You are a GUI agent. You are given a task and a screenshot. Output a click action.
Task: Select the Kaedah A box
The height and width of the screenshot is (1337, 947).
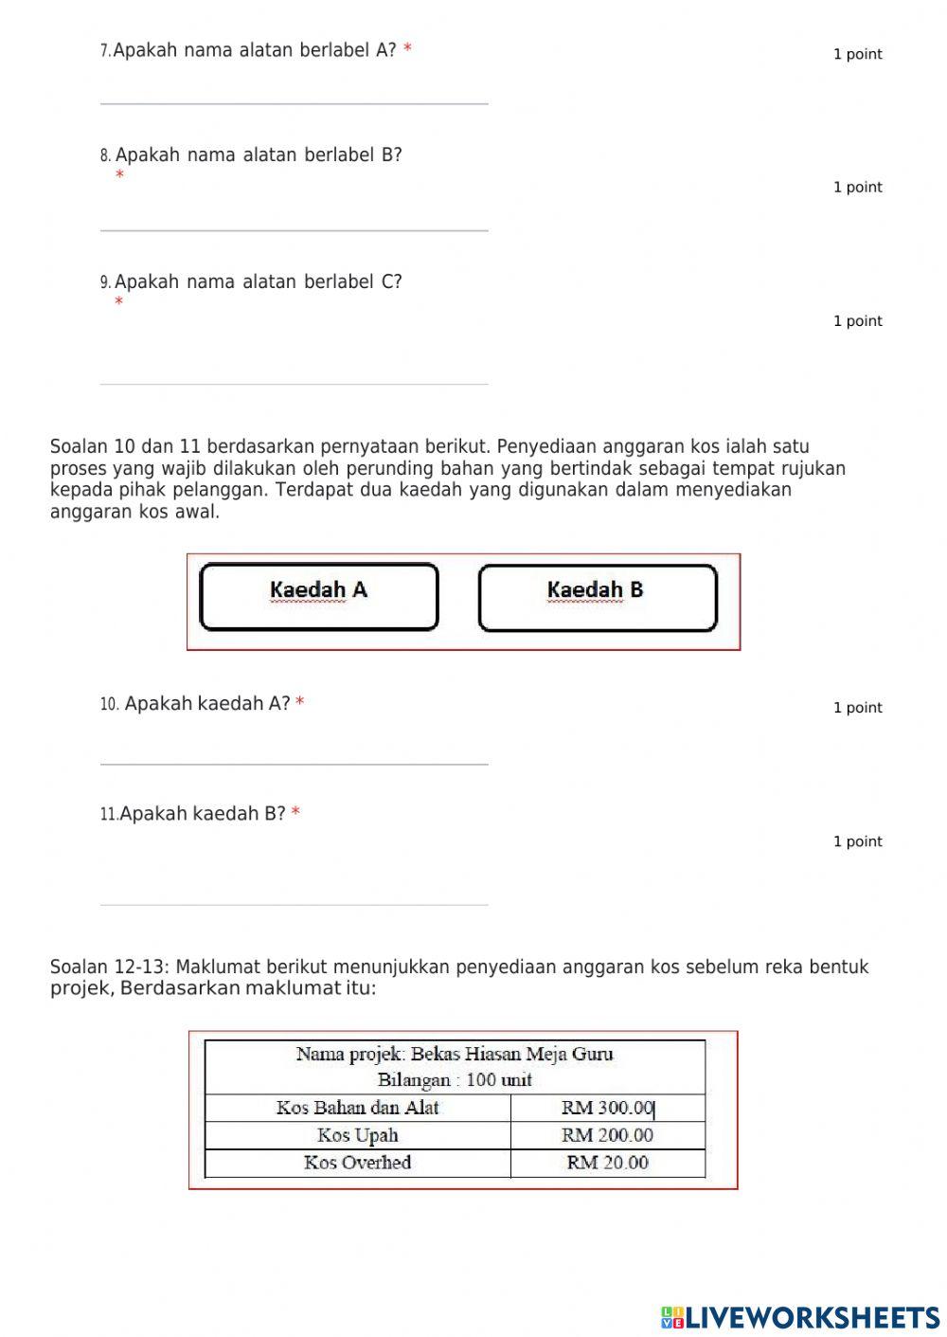tap(319, 597)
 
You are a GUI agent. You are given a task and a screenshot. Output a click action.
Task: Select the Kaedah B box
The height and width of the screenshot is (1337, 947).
tap(598, 597)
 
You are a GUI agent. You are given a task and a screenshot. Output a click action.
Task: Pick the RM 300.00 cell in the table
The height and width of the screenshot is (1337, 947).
tap(608, 1108)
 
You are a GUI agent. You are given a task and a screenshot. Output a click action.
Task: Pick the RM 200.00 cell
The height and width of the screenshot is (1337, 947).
tap(608, 1135)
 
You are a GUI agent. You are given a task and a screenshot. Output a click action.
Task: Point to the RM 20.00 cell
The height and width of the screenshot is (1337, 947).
tap(608, 1163)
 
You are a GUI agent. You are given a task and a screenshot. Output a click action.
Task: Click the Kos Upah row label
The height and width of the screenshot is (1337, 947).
tap(357, 1135)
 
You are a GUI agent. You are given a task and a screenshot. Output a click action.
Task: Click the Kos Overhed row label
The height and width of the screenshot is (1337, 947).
tap(357, 1163)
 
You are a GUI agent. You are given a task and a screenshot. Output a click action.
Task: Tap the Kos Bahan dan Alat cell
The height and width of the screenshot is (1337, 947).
tap(357, 1108)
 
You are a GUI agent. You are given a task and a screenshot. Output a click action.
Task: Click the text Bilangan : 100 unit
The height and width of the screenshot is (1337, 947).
tap(455, 1080)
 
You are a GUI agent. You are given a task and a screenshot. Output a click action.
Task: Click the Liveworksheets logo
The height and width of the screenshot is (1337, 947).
tap(800, 1317)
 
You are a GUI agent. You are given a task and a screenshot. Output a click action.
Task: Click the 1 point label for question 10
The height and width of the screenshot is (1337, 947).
tap(857, 708)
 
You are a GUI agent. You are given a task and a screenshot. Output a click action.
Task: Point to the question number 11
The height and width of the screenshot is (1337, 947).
tap(108, 815)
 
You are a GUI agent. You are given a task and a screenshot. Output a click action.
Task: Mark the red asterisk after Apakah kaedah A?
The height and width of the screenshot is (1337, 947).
tap(300, 703)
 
